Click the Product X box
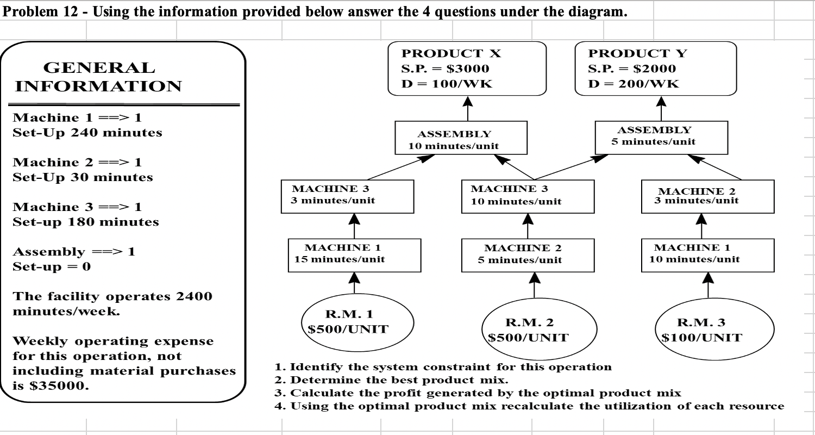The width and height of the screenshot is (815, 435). (467, 69)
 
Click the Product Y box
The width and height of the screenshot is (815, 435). (656, 69)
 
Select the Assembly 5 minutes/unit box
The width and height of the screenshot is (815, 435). (661, 136)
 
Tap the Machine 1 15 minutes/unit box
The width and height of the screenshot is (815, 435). (354, 254)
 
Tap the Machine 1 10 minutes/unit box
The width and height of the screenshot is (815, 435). (707, 254)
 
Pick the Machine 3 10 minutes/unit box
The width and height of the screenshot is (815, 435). (528, 195)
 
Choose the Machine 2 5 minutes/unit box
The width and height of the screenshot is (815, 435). (528, 254)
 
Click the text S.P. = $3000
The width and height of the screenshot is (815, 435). (445, 69)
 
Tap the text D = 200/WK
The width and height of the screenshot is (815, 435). (634, 84)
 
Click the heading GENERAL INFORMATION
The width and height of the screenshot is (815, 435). (98, 77)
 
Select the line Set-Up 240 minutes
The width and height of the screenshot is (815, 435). (87, 133)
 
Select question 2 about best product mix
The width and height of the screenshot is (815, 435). (391, 380)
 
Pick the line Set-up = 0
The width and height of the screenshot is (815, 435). (52, 267)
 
